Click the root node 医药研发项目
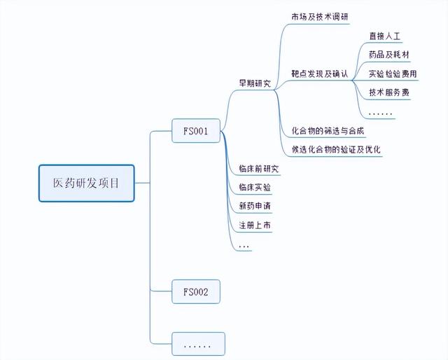click(86, 184)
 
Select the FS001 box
click(196, 130)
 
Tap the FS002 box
click(196, 291)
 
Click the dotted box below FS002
click(198, 344)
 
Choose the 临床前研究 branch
click(258, 169)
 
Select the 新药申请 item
click(254, 206)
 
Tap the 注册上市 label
click(254, 225)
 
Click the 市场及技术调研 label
click(320, 16)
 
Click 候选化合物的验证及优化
click(336, 149)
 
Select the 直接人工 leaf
click(384, 35)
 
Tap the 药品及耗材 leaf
click(388, 54)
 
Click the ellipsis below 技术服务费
click(380, 112)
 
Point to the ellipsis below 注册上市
click(244, 246)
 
